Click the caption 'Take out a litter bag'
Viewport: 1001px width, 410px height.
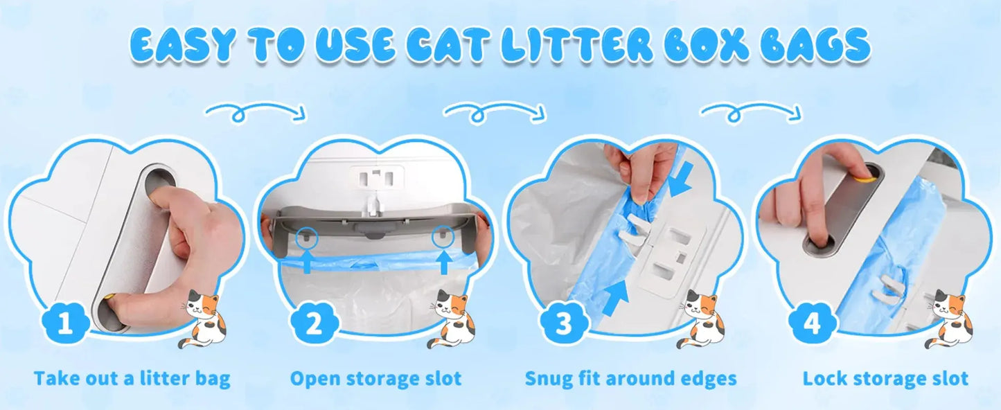click(x=132, y=379)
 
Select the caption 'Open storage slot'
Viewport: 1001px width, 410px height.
click(x=375, y=379)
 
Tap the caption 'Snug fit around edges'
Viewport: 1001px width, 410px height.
click(x=630, y=379)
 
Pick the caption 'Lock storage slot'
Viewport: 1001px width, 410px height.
click(x=885, y=379)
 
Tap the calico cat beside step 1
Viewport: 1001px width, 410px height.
click(x=203, y=319)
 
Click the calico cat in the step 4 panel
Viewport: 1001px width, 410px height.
click(x=949, y=319)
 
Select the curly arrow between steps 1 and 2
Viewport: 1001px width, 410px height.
click(x=256, y=111)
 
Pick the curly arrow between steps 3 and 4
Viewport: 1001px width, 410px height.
click(x=752, y=111)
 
